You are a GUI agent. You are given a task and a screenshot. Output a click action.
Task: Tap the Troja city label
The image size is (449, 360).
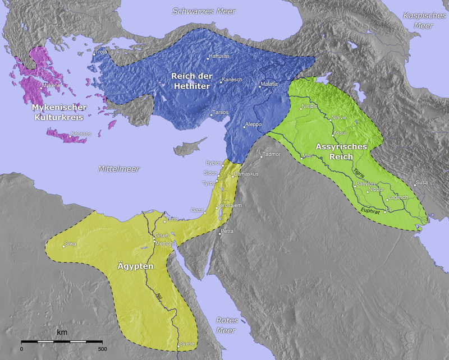pos(101,52)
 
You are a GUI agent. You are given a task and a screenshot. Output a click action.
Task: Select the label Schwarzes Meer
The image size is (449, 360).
pos(204,11)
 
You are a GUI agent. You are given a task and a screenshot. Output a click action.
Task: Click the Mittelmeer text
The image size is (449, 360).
pos(118,169)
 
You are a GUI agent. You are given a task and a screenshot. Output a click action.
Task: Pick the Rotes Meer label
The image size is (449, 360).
pos(227,326)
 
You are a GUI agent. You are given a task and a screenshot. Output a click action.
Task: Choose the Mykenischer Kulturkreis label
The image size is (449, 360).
pos(59,112)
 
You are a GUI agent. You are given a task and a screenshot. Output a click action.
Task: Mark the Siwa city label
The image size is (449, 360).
pos(70,244)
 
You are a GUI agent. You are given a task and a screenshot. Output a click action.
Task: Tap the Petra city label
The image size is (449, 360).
pos(227,231)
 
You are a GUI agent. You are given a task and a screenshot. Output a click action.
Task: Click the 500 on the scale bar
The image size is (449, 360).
pos(102,349)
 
